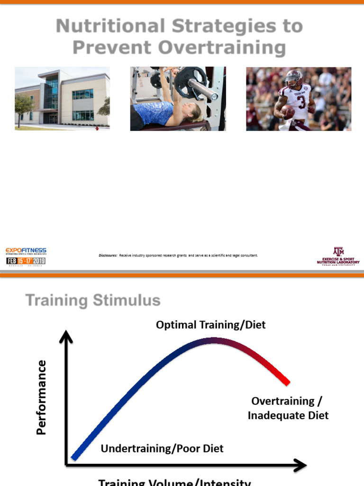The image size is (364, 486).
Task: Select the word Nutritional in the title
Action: [x=110, y=26]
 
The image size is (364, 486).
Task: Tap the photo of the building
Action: [x=62, y=99]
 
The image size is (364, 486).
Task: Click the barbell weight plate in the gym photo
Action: [x=190, y=83]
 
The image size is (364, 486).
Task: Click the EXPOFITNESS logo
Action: [x=26, y=251]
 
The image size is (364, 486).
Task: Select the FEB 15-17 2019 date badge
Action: [x=26, y=261]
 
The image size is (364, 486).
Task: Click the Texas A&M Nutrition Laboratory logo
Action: [x=338, y=257]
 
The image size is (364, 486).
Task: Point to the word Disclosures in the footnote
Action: [x=108, y=255]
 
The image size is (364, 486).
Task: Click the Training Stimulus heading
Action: [x=93, y=300]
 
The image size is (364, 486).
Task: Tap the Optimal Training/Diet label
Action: [x=211, y=325]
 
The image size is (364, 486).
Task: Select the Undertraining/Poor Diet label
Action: [x=162, y=449]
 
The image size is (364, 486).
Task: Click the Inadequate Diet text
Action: [x=288, y=416]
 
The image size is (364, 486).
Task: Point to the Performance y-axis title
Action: [x=42, y=397]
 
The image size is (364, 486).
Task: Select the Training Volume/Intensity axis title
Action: [x=174, y=482]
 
